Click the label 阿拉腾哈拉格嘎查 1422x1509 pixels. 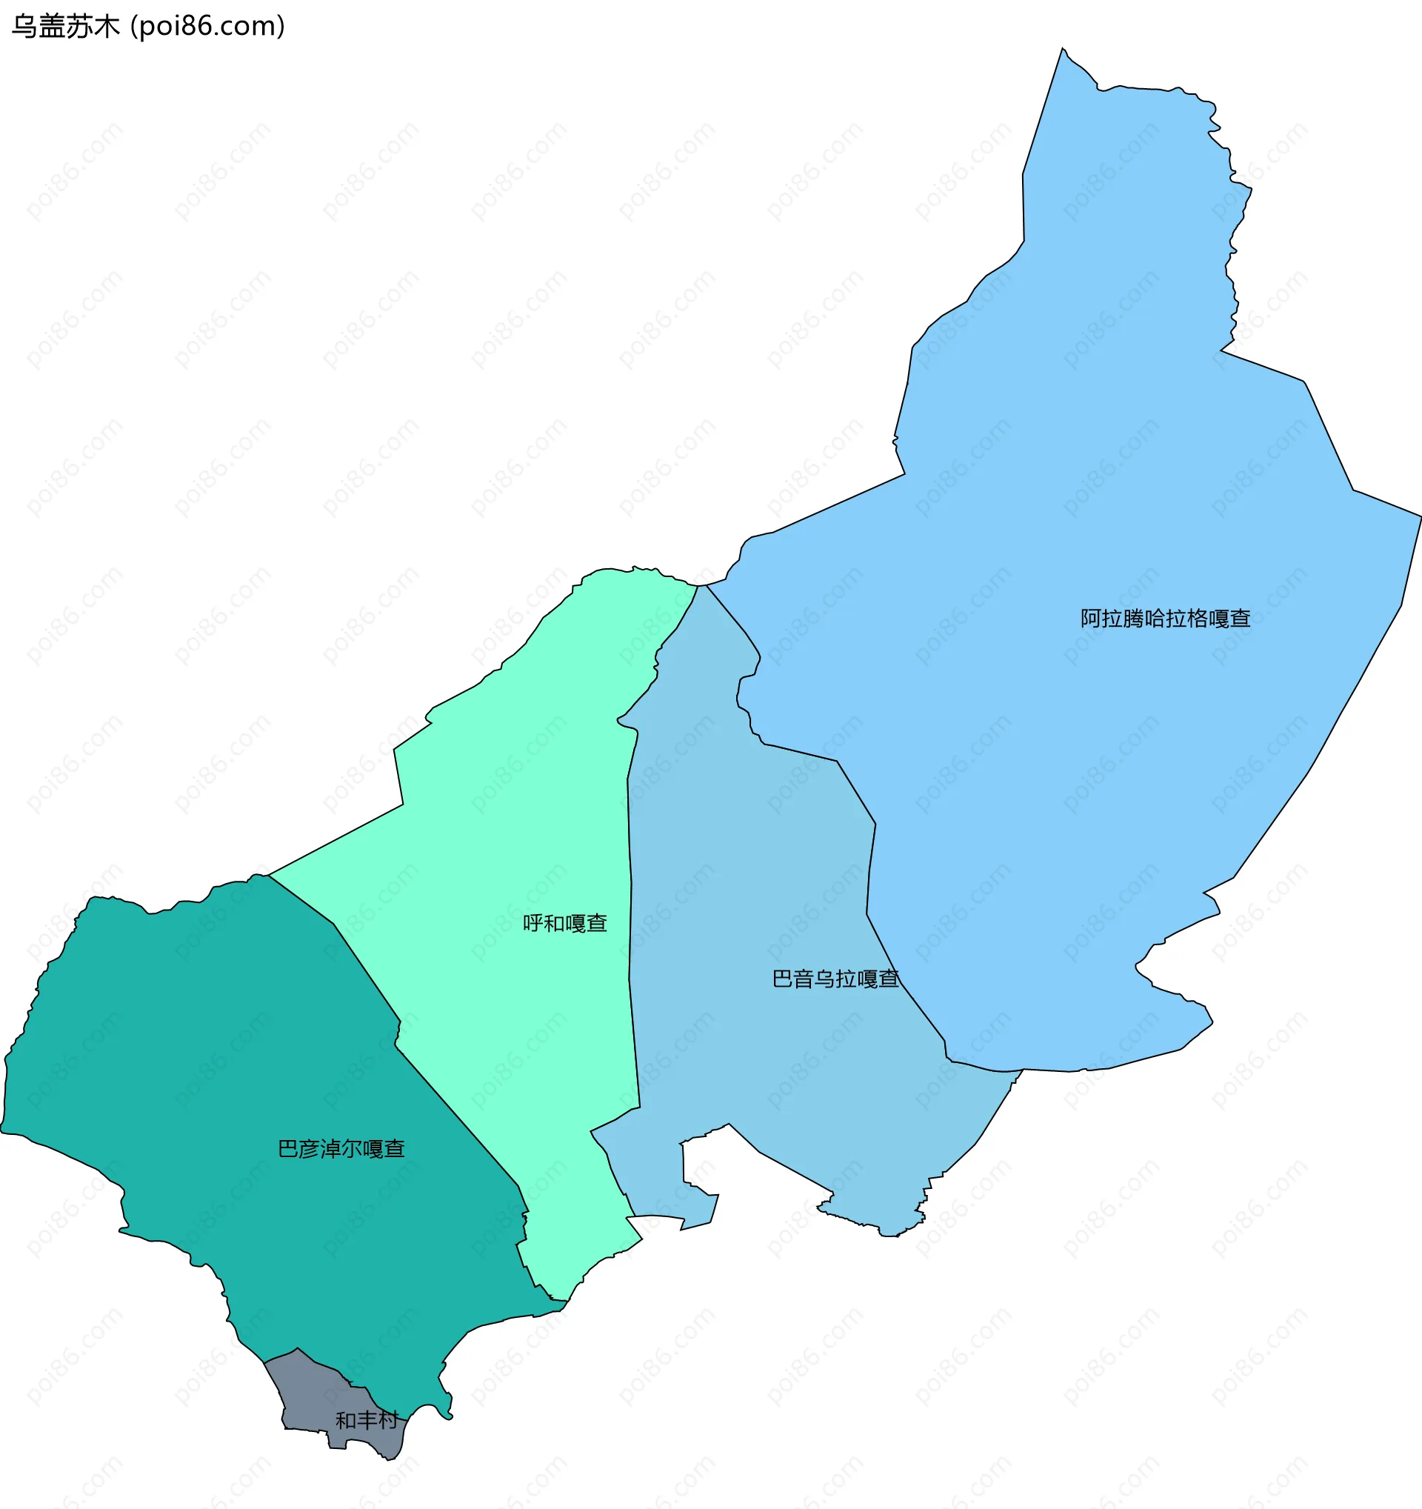(x=1165, y=619)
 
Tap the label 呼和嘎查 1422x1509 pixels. (x=564, y=923)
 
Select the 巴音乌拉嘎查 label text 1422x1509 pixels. (x=835, y=979)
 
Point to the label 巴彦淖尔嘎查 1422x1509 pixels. (x=341, y=1148)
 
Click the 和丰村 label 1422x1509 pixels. (x=367, y=1419)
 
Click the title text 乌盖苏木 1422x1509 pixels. (x=65, y=27)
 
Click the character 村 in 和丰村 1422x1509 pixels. (x=388, y=1419)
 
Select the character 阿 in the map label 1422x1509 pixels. (x=1090, y=619)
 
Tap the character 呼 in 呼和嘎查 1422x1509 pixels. (x=533, y=923)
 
